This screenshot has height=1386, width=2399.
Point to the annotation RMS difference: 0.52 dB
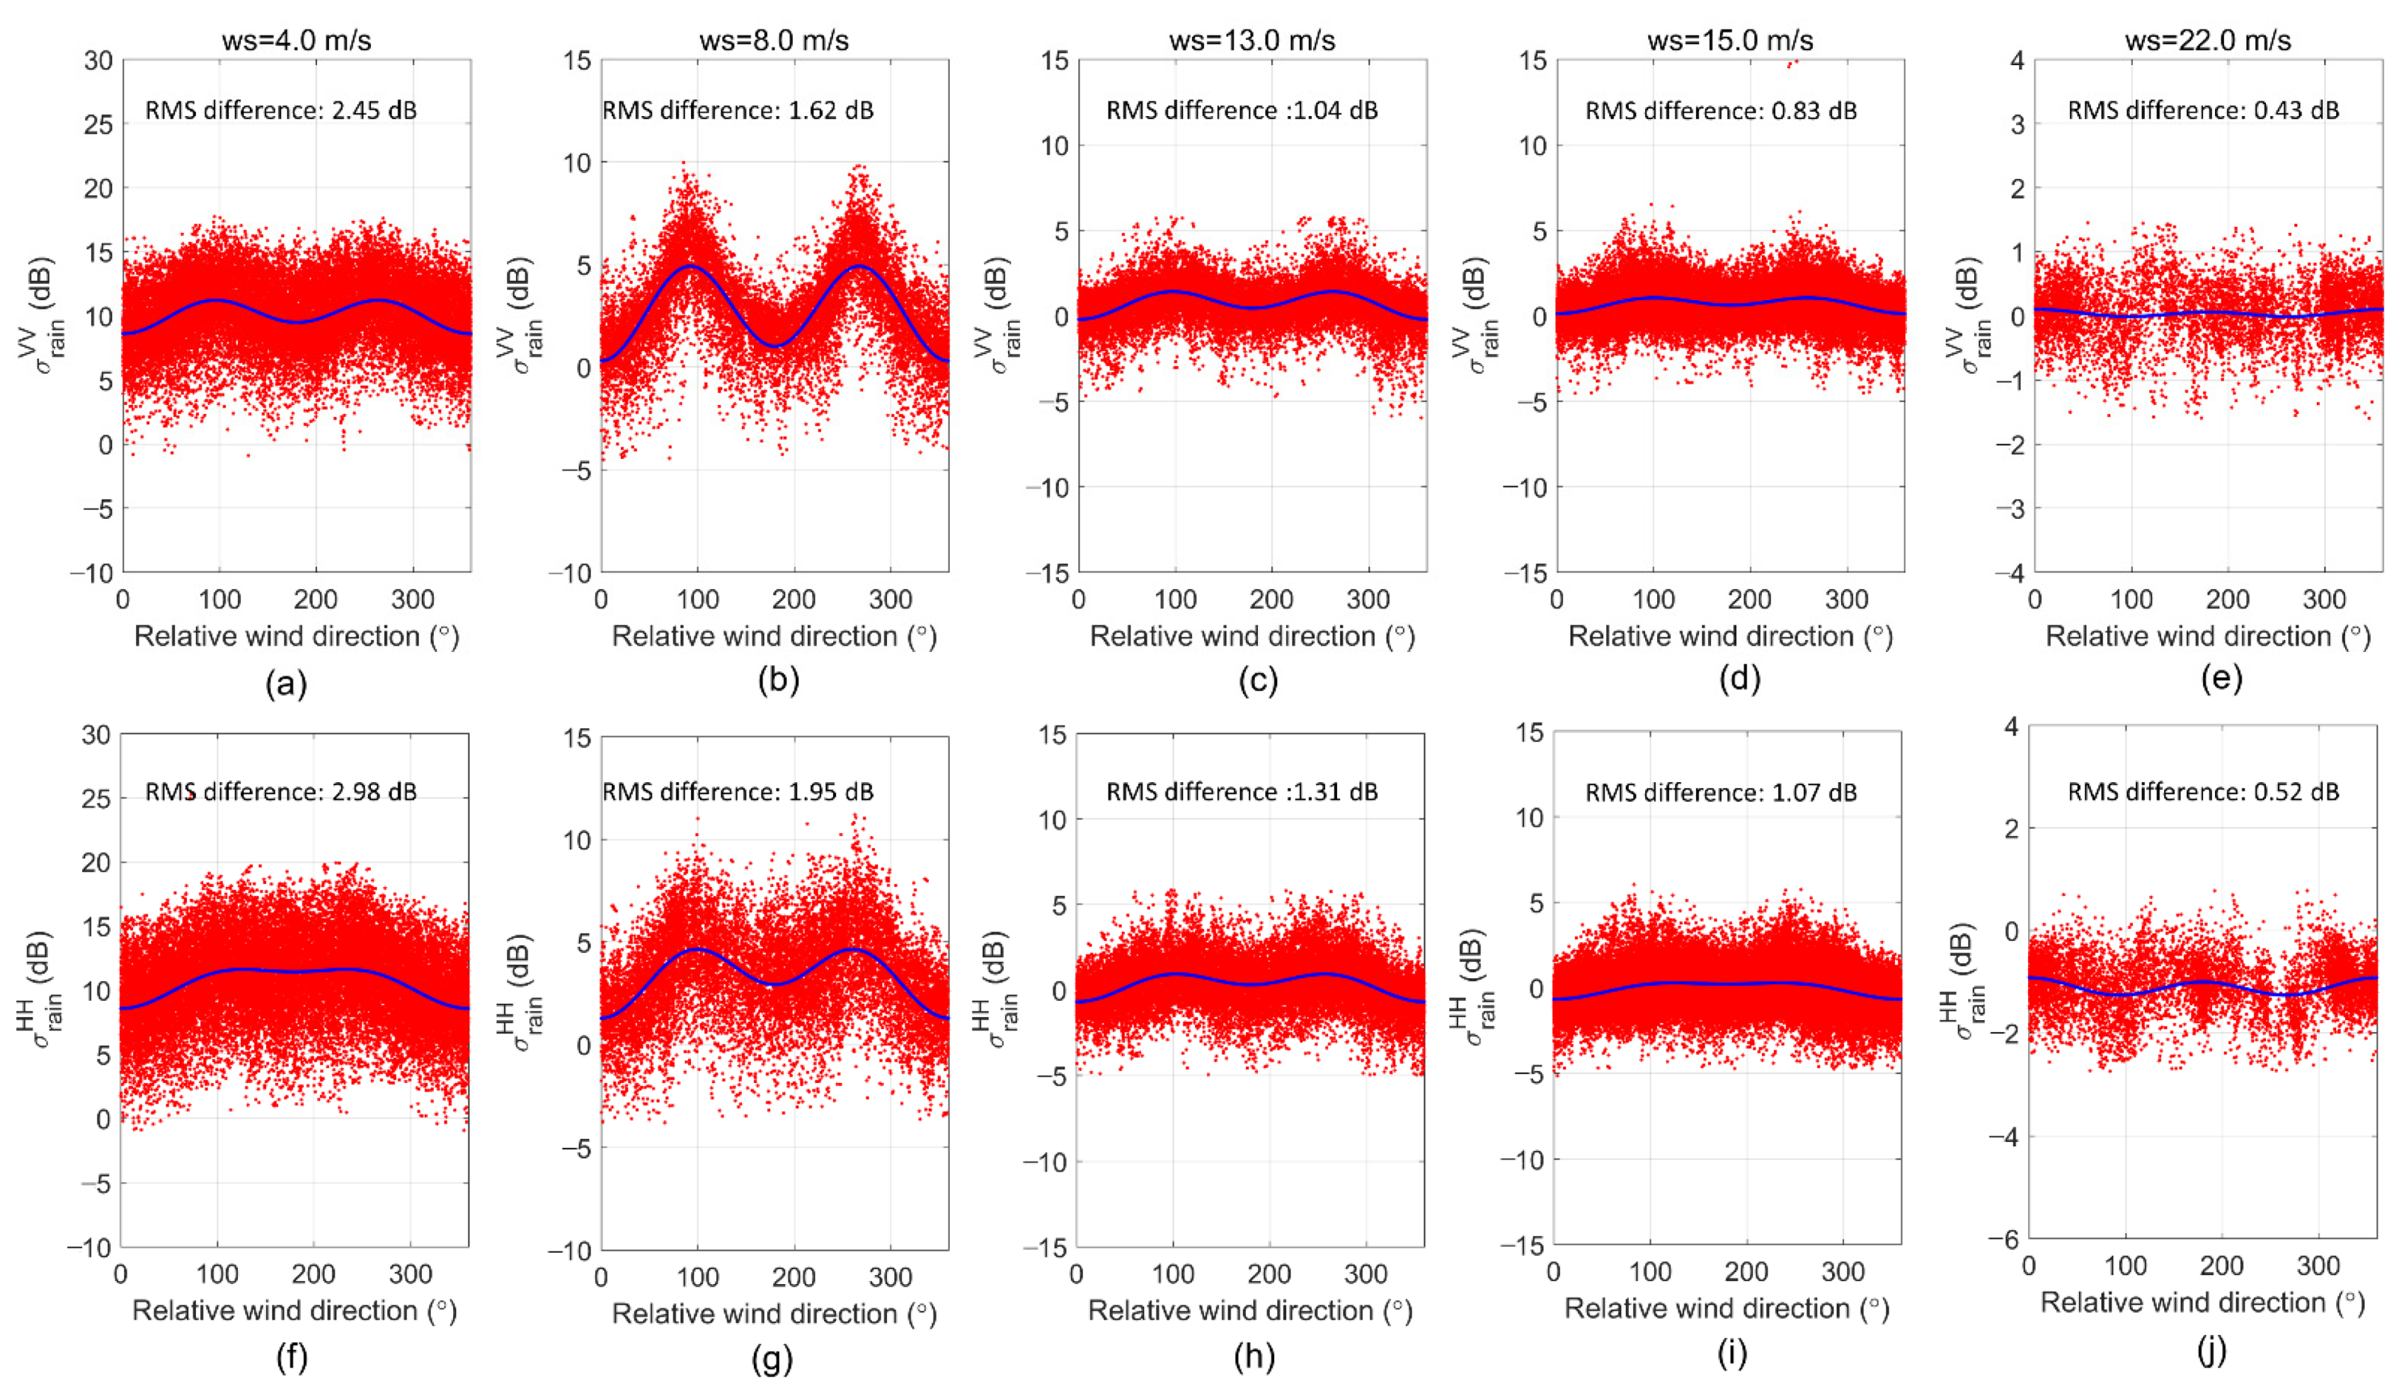pos(2203,792)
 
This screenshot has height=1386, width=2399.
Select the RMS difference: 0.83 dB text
pos(1720,110)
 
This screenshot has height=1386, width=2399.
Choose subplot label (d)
pos(1739,679)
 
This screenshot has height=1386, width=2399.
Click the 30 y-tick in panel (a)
pos(98,61)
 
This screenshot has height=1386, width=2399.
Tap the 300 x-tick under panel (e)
pos(2324,600)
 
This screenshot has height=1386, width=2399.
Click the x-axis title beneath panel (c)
pos(1251,636)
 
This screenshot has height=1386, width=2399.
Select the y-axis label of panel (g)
pos(518,990)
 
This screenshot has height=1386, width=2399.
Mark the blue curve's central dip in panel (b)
pos(775,345)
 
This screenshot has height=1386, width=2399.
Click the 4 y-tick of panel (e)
pos(2016,61)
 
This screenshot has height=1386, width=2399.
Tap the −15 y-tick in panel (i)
pos(1521,1245)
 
